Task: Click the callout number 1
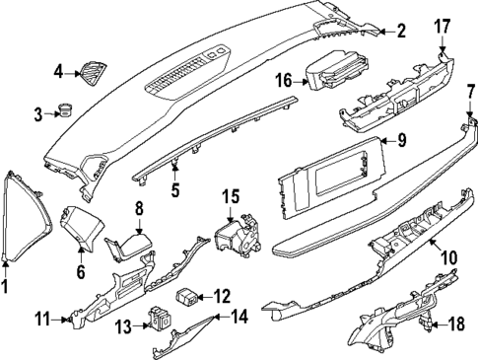point(6,287)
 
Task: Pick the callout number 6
point(81,268)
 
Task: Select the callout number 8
point(140,209)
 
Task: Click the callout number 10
point(448,258)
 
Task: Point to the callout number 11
point(42,319)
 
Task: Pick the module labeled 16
point(334,73)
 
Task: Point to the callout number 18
point(456,323)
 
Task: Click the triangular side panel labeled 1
point(24,211)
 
